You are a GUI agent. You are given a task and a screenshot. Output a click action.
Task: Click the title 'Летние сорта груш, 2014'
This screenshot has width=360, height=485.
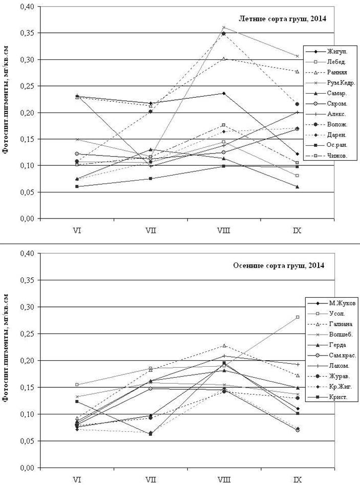[283, 19]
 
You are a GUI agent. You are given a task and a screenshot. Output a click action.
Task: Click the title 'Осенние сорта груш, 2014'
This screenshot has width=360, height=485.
[279, 265]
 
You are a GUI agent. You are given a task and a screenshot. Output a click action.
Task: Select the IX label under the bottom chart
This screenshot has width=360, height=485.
[297, 480]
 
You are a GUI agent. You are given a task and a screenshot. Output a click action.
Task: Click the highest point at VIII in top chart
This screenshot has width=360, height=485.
[224, 27]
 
